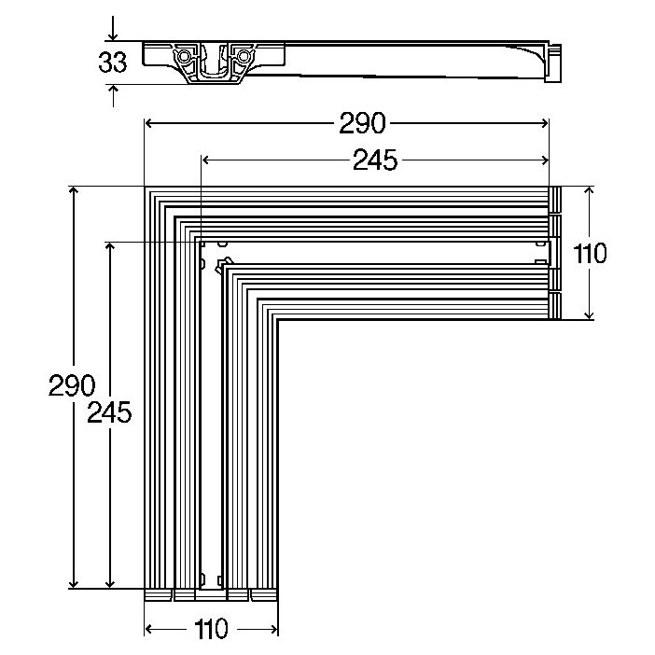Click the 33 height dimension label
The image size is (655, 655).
tap(112, 63)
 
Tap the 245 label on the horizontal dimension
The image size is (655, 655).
tap(375, 160)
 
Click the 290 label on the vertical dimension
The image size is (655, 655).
tap(72, 385)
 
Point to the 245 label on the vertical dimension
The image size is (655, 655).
tap(109, 411)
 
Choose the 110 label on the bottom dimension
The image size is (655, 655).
tap(212, 630)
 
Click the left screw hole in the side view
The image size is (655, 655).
tap(184, 56)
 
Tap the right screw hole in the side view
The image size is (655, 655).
tap(244, 56)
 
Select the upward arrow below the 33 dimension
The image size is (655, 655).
tap(113, 91)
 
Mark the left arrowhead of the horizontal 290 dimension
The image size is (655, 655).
tap(149, 122)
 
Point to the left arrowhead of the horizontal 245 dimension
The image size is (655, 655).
tap(207, 160)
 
